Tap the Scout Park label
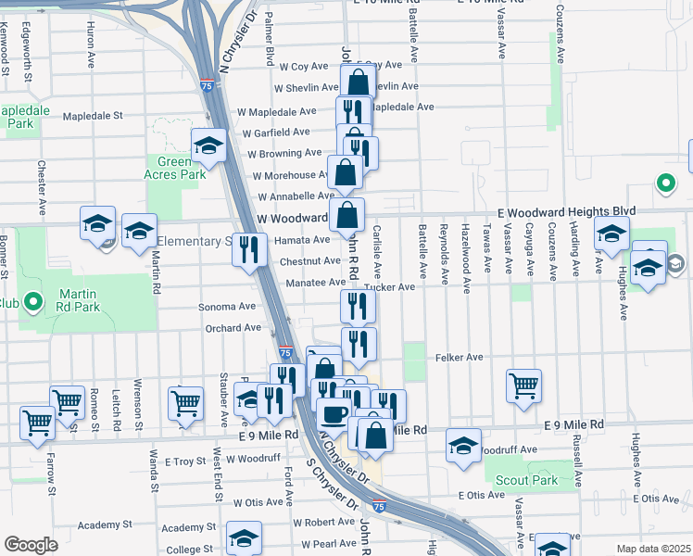(x=526, y=480)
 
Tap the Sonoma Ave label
(x=227, y=306)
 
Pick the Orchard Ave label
(x=233, y=328)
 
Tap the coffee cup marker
(x=334, y=413)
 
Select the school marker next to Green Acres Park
(x=209, y=145)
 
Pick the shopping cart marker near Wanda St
(x=185, y=403)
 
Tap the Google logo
(x=31, y=545)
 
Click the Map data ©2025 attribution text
(x=652, y=549)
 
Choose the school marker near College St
(x=245, y=537)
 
